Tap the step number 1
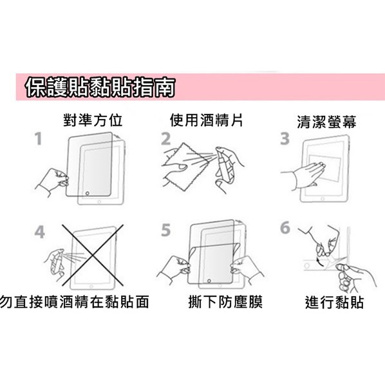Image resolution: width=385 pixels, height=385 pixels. point(39,139)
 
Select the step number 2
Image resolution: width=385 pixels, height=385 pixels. point(166,139)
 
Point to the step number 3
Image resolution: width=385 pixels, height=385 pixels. point(285,139)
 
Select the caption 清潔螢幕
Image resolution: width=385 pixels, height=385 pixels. point(326,121)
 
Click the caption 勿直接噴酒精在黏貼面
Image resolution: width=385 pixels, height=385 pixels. point(75,301)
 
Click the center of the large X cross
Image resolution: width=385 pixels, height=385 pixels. point(90,256)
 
